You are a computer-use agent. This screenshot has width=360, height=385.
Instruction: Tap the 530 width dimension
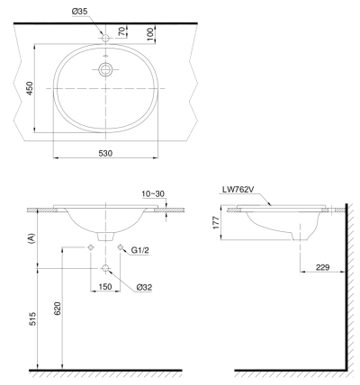tap(105, 154)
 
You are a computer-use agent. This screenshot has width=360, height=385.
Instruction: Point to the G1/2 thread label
tap(139, 249)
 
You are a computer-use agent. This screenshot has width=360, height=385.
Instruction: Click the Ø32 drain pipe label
tap(143, 288)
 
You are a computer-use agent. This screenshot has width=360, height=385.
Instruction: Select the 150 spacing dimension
tap(106, 288)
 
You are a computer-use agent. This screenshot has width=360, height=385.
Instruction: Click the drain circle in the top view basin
tap(106, 69)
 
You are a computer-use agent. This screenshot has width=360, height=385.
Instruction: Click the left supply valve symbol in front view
tap(92, 248)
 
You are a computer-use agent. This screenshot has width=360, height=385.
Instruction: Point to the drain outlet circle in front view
tap(106, 267)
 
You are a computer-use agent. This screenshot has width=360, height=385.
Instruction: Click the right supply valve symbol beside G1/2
tap(120, 248)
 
